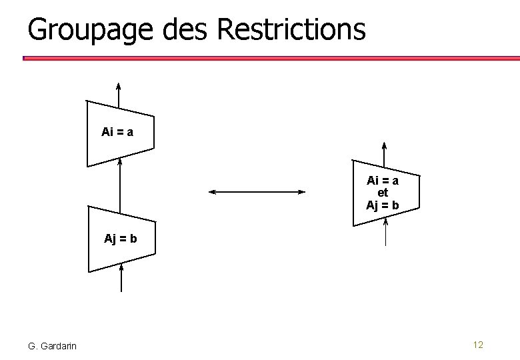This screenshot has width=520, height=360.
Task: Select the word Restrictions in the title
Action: pyautogui.click(x=291, y=29)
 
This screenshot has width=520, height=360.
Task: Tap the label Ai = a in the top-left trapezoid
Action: pyautogui.click(x=117, y=132)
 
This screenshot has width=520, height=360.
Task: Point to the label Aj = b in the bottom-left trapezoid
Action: pyautogui.click(x=121, y=238)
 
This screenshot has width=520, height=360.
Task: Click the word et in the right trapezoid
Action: pyautogui.click(x=383, y=193)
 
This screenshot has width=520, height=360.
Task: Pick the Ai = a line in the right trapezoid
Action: pyautogui.click(x=383, y=181)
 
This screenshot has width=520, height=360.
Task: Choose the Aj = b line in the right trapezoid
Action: pyautogui.click(x=383, y=205)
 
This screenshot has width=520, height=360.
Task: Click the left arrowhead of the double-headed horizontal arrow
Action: pyautogui.click(x=213, y=192)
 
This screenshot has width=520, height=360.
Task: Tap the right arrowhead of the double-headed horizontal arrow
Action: pyautogui.click(x=301, y=192)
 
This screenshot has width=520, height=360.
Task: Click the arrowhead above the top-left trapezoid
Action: pyautogui.click(x=119, y=86)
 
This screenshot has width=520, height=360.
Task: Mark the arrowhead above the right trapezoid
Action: pyautogui.click(x=383, y=146)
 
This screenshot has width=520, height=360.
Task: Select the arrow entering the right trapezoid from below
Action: pyautogui.click(x=386, y=233)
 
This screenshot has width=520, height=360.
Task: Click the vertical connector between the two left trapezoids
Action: pyautogui.click(x=120, y=183)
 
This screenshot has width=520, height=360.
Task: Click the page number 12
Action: pyautogui.click(x=477, y=345)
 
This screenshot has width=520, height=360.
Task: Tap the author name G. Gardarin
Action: pyautogui.click(x=52, y=345)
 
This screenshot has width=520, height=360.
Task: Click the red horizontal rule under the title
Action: pyautogui.click(x=267, y=58)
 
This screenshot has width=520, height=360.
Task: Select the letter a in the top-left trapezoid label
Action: pyautogui.click(x=130, y=132)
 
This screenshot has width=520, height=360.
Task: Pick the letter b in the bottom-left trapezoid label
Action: pyautogui.click(x=133, y=238)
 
